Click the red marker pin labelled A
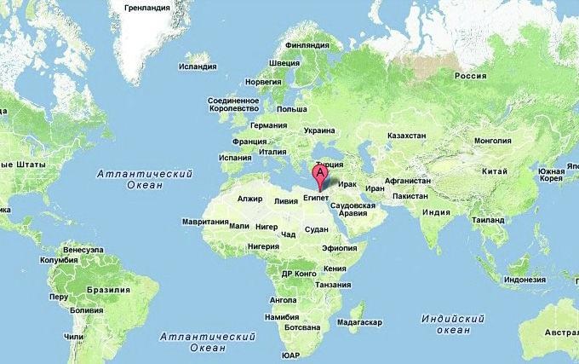coord(320,173)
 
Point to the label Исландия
coord(198,66)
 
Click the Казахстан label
coord(406,136)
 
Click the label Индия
coord(436,212)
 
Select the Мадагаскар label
coord(359,323)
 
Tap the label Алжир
coord(250,199)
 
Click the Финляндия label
coord(306,45)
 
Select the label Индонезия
coord(525,280)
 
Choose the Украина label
coord(319,131)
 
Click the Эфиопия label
coord(337,248)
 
